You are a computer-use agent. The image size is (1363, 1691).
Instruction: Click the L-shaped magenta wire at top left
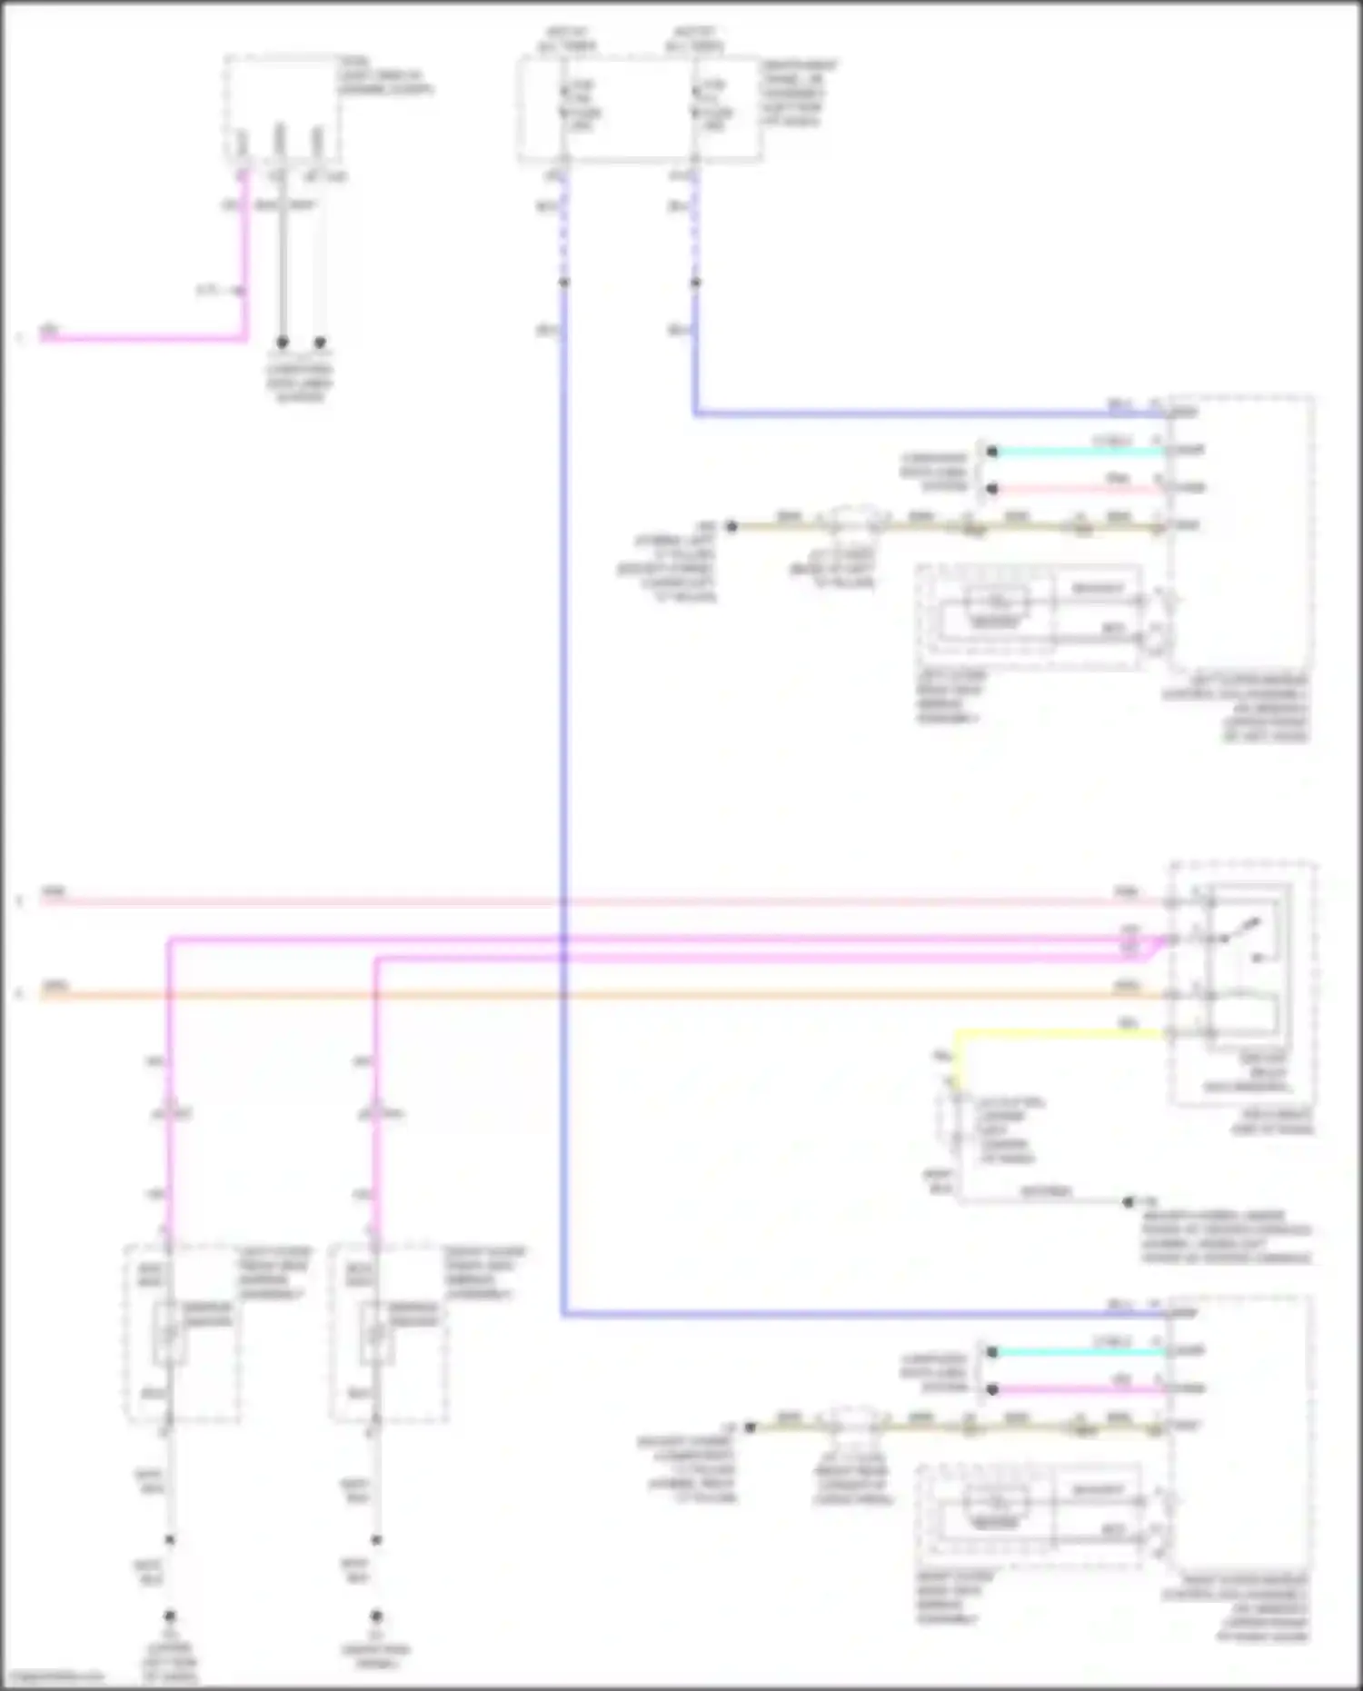coord(145,339)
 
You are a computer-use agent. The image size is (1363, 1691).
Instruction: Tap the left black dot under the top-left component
coord(283,343)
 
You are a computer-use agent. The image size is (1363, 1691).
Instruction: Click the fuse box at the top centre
coord(639,109)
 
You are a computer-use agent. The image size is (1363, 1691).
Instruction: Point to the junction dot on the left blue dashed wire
coord(564,283)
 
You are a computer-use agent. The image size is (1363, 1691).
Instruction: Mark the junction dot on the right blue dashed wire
coord(695,283)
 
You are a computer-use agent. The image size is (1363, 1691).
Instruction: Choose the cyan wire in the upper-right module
coord(1077,452)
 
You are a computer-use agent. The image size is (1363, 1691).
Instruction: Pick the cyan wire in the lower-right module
coord(1077,1352)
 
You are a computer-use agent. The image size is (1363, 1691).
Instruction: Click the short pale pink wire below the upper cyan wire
coord(1077,489)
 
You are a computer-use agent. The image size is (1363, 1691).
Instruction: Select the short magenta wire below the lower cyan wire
coord(1077,1389)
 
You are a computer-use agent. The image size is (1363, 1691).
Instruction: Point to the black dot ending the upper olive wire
coord(731,526)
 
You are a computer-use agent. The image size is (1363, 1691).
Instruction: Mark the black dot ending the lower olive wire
coord(751,1427)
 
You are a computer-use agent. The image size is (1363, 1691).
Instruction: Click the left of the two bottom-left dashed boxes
coord(182,1333)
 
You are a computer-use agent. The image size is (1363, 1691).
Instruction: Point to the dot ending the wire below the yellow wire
coord(1129,1201)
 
